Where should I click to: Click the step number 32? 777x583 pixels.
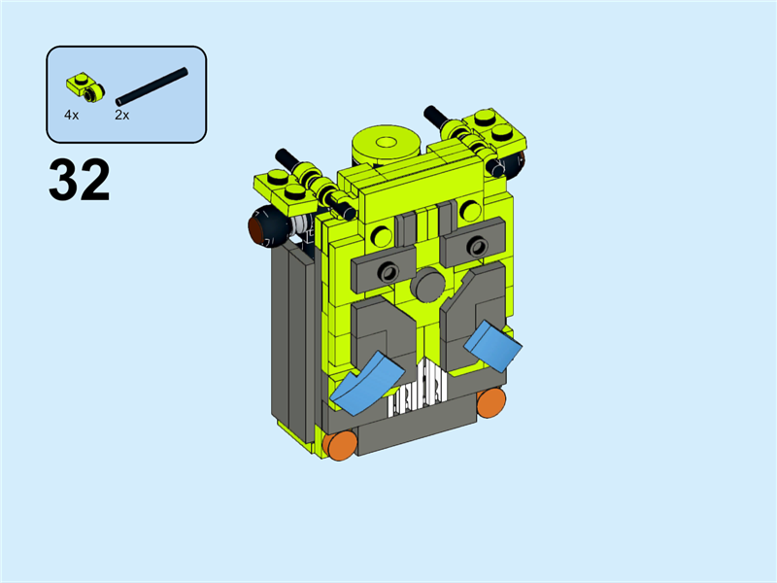[80, 180]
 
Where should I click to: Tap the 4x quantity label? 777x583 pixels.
[71, 115]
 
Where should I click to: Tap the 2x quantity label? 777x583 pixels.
[122, 115]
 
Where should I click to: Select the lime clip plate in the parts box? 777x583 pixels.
[85, 87]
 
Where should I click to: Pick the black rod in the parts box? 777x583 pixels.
[152, 86]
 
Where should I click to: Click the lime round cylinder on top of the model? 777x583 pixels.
[386, 145]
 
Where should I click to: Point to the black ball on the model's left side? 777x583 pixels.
[268, 225]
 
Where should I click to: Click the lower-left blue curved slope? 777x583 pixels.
[367, 383]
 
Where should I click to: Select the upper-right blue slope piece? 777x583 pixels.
[493, 346]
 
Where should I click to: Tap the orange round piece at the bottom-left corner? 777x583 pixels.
[341, 445]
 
